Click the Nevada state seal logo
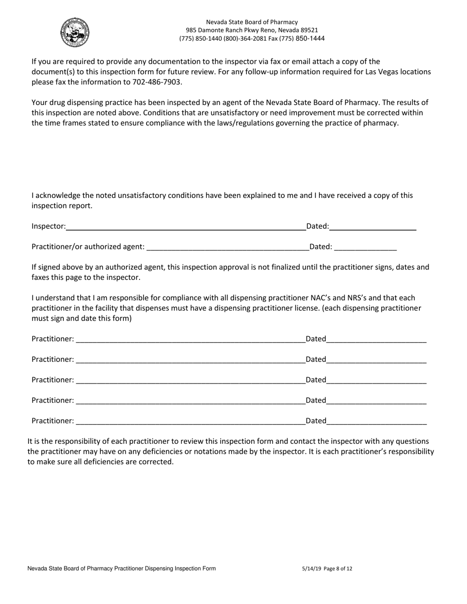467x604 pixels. tap(75, 32)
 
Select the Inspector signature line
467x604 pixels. tap(185, 226)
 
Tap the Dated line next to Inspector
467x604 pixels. tap(373, 226)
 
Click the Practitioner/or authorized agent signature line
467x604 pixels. tap(228, 247)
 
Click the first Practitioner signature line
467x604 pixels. tap(190, 339)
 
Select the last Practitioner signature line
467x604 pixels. tap(190, 421)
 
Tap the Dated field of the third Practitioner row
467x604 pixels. tap(376, 380)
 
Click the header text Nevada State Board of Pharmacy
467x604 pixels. tap(252, 22)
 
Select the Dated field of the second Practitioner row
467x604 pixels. tap(376, 359)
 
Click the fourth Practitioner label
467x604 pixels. tap(53, 400)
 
